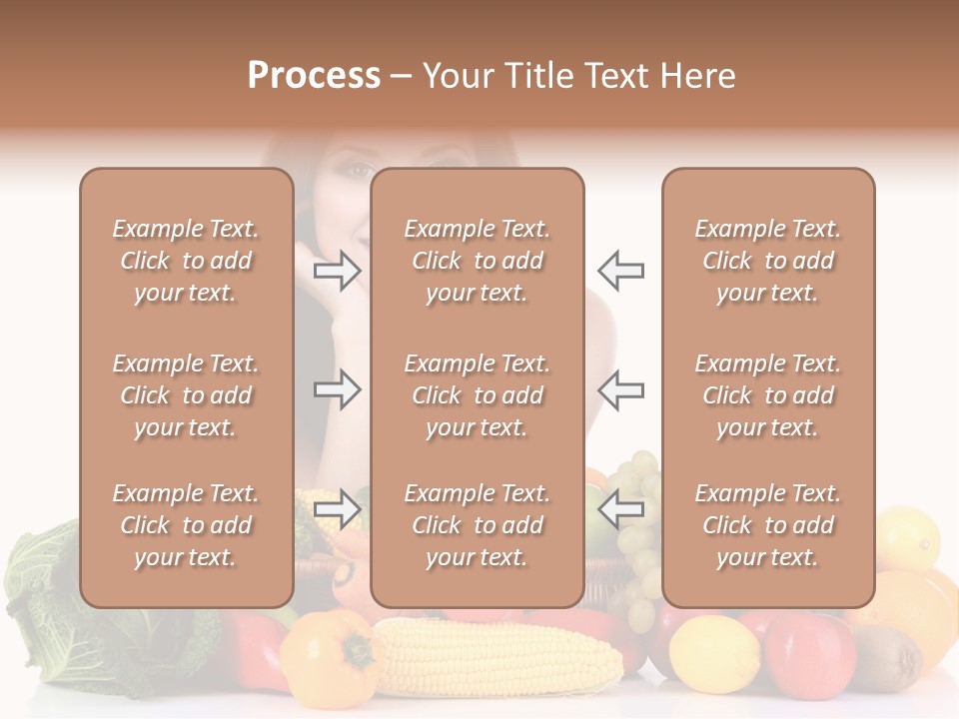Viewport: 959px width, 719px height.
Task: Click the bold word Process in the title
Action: click(314, 76)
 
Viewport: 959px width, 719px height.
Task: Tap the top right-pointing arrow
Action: click(337, 271)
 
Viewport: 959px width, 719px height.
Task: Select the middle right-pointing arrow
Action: click(337, 389)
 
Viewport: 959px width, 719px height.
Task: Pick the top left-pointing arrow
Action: click(620, 271)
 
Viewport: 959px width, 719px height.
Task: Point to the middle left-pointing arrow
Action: click(620, 389)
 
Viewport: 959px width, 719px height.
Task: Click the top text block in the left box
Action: click(186, 261)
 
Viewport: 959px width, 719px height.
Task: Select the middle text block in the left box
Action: click(186, 395)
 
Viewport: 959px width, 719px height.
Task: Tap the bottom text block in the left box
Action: click(186, 525)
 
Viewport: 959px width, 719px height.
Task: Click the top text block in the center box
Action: click(477, 261)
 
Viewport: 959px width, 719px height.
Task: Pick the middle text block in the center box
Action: click(477, 395)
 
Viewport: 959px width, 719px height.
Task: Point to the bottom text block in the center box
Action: click(477, 525)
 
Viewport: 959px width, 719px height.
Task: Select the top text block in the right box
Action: click(767, 261)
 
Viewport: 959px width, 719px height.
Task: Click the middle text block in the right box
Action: click(767, 395)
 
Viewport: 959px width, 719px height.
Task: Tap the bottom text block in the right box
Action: click(767, 525)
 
